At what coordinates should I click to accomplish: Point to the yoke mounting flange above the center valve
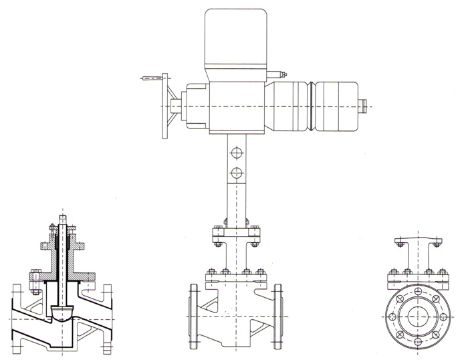click(234, 235)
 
